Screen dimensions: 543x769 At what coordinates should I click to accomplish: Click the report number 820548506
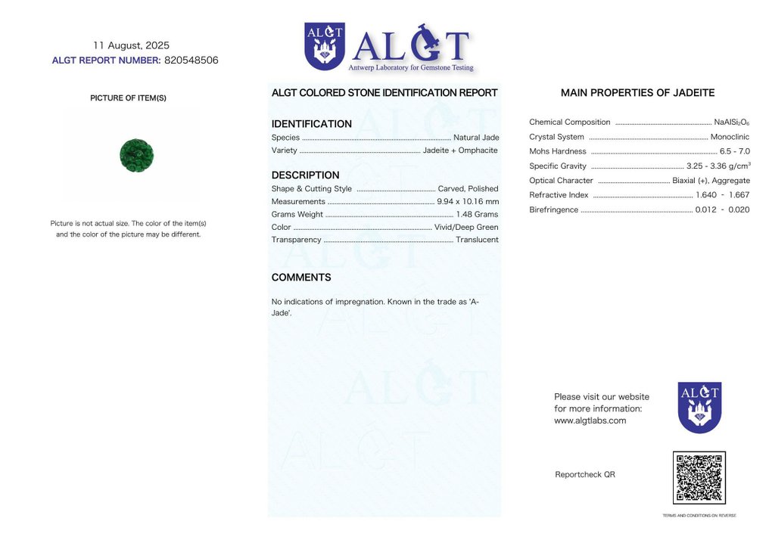tap(191, 61)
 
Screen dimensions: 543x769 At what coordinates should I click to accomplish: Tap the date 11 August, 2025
tap(131, 45)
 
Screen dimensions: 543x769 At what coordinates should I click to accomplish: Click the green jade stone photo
tap(136, 155)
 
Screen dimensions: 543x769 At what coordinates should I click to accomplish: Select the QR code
tap(699, 478)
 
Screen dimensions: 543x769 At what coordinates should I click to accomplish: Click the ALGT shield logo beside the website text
tap(699, 407)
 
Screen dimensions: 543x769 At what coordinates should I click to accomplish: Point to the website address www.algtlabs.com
tap(590, 420)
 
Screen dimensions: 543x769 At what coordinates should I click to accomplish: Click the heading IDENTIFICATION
tap(311, 124)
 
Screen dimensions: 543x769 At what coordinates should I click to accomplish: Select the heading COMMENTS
tap(301, 278)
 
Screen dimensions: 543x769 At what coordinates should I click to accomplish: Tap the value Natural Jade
tap(476, 138)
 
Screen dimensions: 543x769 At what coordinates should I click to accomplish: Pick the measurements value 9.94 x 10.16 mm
tap(468, 202)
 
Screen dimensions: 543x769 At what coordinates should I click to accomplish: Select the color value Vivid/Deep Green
tap(466, 228)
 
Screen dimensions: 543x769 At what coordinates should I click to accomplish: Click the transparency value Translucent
tap(477, 240)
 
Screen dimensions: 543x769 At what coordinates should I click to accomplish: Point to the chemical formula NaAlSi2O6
tap(731, 123)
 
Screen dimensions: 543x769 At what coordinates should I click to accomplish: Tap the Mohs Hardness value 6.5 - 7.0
tap(734, 151)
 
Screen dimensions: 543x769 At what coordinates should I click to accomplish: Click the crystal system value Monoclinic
tap(730, 137)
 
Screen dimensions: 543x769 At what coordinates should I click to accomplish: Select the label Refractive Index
tap(559, 195)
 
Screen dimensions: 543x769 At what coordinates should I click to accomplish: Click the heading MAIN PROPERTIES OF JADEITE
tap(637, 93)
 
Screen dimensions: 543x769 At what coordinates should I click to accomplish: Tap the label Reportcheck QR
tap(585, 474)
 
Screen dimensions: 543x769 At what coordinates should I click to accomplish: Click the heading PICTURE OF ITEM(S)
tap(128, 98)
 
